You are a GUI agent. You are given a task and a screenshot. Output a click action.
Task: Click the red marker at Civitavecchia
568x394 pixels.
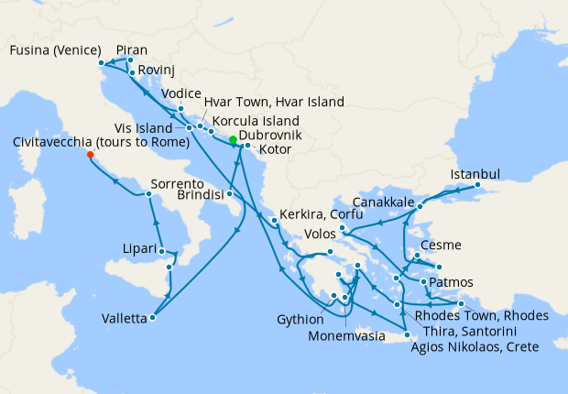pos(90,155)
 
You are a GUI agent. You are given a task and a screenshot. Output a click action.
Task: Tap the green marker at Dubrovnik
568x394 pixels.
pos(234,140)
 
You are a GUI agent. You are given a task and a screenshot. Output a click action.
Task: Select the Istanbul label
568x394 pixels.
pos(475,174)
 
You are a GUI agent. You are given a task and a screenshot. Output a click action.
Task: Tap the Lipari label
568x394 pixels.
pos(140,247)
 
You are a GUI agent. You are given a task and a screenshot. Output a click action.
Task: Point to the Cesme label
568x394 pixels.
pos(441,245)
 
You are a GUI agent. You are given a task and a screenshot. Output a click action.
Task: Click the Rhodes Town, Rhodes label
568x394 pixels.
pos(482,315)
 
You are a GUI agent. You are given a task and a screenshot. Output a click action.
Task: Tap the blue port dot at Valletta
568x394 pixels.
pos(152,318)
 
